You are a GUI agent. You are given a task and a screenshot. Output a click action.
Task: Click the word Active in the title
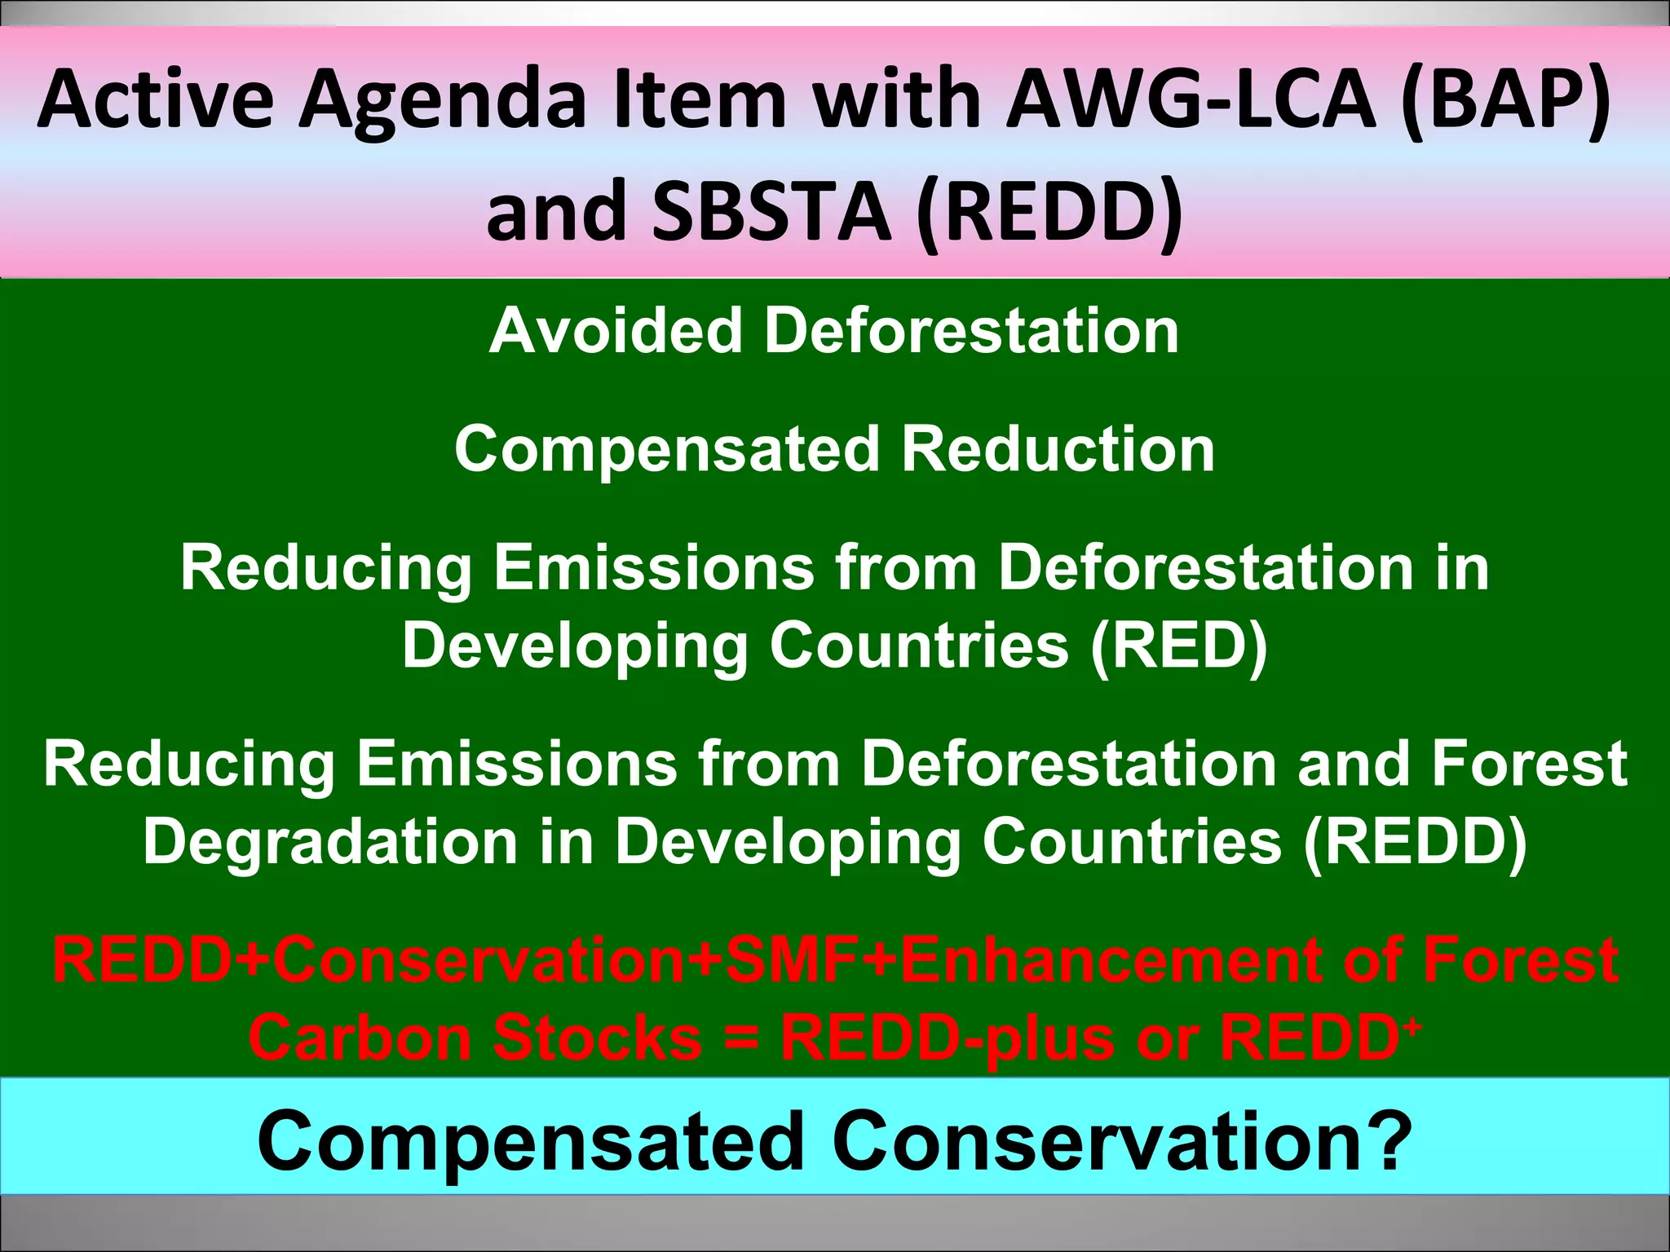pos(155,99)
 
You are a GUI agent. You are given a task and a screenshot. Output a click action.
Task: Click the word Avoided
pos(615,331)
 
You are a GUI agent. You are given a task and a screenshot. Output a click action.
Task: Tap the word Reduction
pos(1058,449)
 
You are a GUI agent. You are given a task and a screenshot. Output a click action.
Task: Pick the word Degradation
pos(330,841)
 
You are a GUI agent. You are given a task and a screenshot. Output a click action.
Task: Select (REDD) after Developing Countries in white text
pos(1415,841)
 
